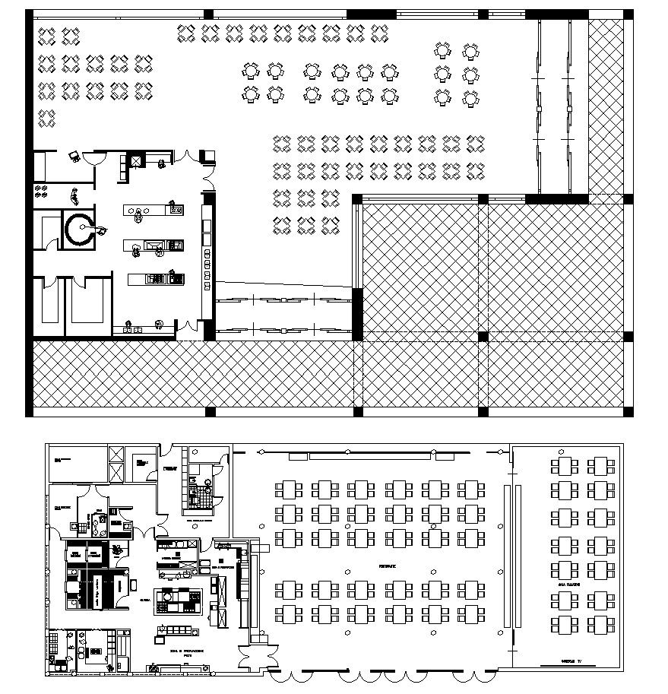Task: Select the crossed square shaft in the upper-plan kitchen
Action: [136, 160]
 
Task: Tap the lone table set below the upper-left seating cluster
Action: [47, 117]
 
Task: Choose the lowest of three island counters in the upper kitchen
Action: [156, 279]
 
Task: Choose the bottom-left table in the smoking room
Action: [565, 626]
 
